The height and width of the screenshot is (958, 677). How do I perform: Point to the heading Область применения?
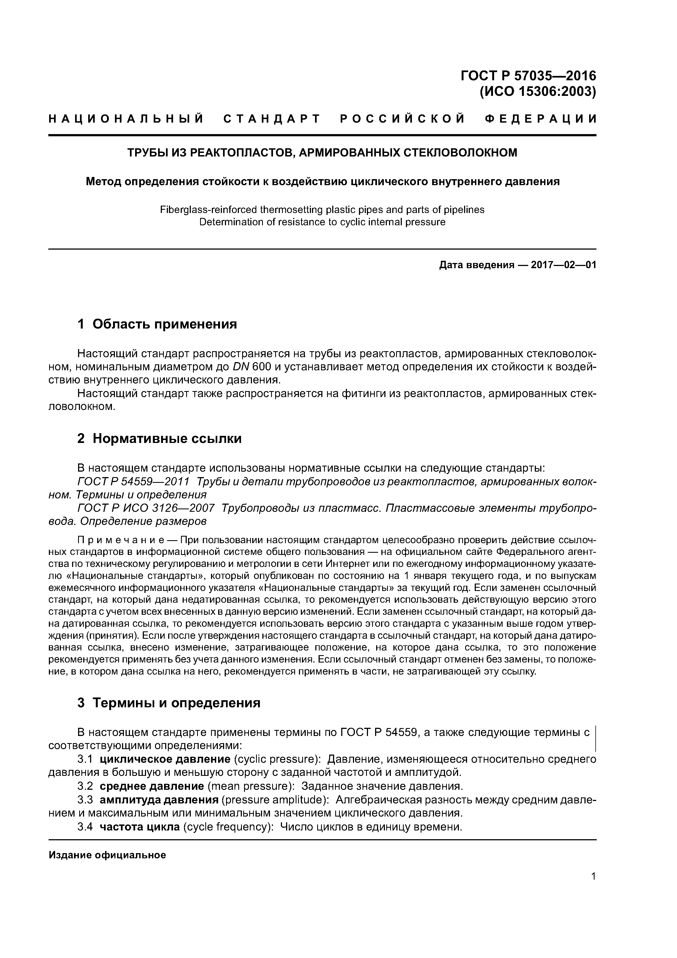click(x=164, y=324)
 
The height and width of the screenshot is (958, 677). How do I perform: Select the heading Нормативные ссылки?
click(x=167, y=439)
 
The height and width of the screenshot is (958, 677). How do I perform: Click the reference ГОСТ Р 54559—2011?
click(x=133, y=481)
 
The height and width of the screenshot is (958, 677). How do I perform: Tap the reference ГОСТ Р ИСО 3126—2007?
click(x=146, y=508)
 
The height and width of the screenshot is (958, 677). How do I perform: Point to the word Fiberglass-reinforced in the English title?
click(x=208, y=209)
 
